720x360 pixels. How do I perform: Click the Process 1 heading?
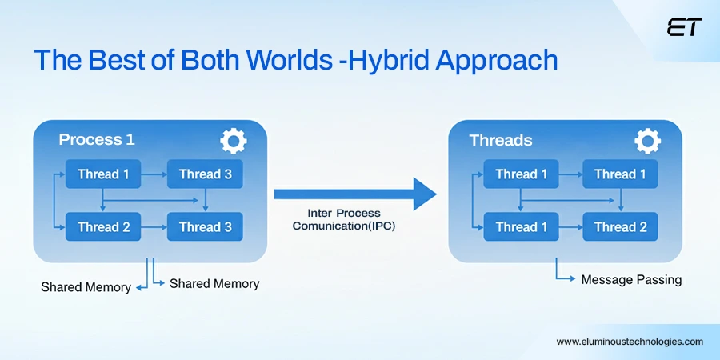[97, 140]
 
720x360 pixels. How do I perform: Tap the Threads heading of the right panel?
[500, 141]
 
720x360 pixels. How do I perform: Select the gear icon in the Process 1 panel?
[233, 142]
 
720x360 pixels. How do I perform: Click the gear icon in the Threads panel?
[647, 142]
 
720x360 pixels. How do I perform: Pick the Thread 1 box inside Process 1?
[103, 174]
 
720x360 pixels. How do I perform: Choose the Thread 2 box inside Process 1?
[103, 227]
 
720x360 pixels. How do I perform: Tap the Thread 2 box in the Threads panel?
[620, 227]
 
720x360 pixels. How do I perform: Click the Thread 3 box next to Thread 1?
[205, 174]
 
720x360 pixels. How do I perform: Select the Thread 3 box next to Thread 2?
[205, 227]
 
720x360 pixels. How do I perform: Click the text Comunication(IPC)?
[344, 226]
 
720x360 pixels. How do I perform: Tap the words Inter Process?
[344, 214]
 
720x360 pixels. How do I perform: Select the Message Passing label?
[631, 280]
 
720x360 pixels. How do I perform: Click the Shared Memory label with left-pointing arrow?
[86, 287]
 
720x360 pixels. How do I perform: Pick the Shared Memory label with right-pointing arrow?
[214, 283]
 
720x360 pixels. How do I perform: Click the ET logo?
[683, 28]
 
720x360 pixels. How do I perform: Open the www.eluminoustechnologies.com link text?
[630, 342]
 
